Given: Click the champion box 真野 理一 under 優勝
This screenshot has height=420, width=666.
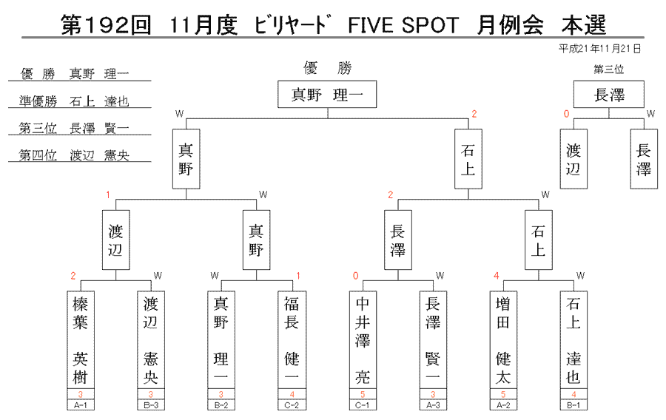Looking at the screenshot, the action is (x=327, y=94).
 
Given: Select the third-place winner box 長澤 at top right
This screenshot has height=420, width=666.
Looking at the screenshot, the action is (x=609, y=94).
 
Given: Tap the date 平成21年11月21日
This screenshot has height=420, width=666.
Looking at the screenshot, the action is (x=599, y=49).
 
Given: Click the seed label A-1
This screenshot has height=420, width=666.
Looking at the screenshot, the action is (x=80, y=405).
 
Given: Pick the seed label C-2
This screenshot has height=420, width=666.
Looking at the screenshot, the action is (x=292, y=405).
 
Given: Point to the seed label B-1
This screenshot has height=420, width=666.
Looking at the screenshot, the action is (x=573, y=405).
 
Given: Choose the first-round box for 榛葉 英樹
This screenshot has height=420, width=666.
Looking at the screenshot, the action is (x=80, y=340).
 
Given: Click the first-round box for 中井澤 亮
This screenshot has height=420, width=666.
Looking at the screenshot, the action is (x=363, y=340).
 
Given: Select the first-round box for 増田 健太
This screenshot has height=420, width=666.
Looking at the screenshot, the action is (x=503, y=340).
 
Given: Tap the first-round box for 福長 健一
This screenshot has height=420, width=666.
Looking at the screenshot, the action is (x=292, y=340).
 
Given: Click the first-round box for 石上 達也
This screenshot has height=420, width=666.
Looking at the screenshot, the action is (x=573, y=340).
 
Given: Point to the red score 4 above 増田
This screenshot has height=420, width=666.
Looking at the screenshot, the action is (x=496, y=276).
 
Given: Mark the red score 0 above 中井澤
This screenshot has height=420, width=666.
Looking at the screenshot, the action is (x=355, y=276).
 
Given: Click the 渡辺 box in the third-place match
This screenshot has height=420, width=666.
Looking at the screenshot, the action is (x=573, y=159).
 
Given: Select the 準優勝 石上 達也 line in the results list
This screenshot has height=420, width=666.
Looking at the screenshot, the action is (x=74, y=101).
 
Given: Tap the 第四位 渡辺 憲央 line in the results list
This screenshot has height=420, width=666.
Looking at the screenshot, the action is (x=74, y=155).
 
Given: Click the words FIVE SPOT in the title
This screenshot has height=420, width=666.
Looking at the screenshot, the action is (x=403, y=25).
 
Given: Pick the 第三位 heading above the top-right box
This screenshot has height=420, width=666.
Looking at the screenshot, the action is (x=609, y=70).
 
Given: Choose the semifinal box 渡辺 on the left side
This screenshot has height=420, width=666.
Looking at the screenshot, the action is (x=115, y=240).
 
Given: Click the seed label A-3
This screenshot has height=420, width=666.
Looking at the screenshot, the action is (x=433, y=405).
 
